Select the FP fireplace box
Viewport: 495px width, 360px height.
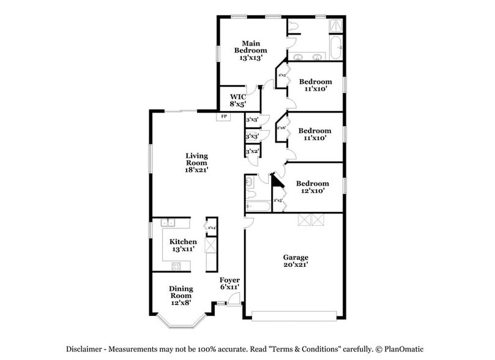coord(223,116)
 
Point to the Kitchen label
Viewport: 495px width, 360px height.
coord(183,241)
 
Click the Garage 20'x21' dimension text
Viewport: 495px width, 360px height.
coord(296,264)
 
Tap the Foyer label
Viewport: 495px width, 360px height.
coord(229,280)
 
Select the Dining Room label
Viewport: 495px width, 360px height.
coord(181,292)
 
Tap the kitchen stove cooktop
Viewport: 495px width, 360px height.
coord(177,265)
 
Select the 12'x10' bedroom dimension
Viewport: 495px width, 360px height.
coord(312,190)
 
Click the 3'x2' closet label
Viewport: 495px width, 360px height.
coord(252,151)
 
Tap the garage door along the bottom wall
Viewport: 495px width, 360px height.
coord(294,316)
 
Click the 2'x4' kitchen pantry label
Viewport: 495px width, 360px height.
coord(211,228)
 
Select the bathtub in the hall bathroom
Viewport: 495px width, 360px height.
coord(258,207)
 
